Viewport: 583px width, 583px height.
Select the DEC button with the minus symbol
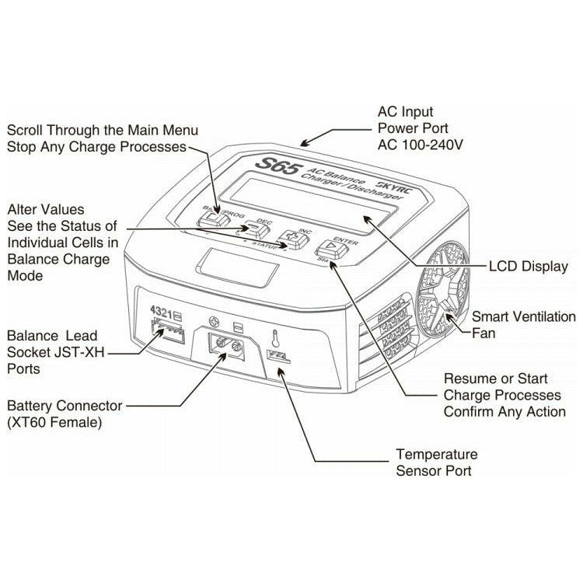coord(253,229)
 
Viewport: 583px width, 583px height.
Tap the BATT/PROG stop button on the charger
coord(211,221)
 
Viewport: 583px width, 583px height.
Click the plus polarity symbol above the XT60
coord(215,320)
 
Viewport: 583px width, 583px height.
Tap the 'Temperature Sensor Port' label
coord(436,462)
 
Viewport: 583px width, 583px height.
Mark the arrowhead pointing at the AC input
coord(305,141)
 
